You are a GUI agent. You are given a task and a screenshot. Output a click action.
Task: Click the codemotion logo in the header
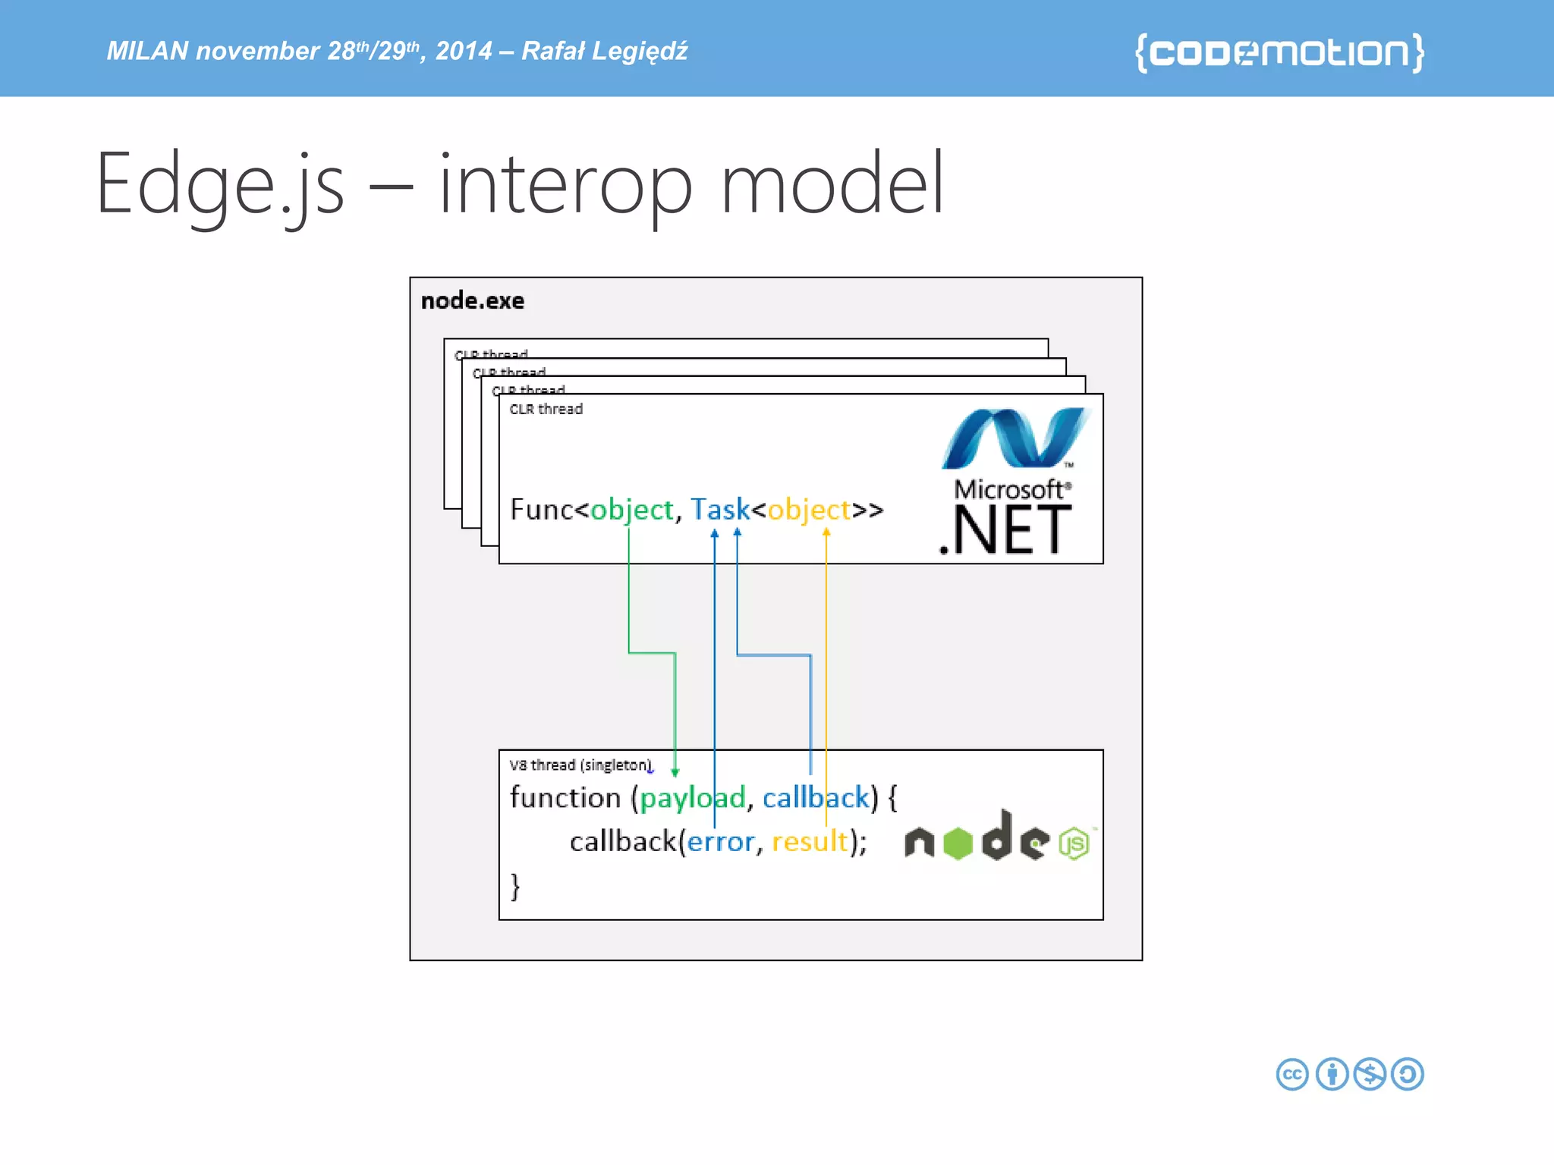1279,52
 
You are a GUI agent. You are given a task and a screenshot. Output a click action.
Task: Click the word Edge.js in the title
220,184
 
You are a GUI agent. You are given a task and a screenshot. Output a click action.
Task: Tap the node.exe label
472,301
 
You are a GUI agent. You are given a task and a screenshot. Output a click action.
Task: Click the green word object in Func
631,510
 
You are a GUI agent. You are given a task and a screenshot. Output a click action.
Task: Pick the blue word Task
719,510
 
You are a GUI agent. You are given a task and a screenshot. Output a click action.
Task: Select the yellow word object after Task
809,510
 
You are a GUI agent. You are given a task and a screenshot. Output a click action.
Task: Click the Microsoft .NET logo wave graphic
1015,438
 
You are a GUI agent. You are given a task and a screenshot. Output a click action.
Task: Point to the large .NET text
1005,531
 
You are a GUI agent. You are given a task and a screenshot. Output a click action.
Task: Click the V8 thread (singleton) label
580,765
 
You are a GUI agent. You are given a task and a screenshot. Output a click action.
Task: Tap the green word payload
692,798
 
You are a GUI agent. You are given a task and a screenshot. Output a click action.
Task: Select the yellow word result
810,842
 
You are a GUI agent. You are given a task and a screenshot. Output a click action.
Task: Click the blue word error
720,842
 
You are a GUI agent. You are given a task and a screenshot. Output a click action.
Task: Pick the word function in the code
565,798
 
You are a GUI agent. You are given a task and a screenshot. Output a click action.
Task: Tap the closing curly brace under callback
515,886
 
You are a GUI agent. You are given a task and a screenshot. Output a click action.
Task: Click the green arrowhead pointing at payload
675,772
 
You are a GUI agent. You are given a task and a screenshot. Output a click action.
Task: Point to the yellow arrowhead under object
826,532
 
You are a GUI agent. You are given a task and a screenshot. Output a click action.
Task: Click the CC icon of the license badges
1291,1074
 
